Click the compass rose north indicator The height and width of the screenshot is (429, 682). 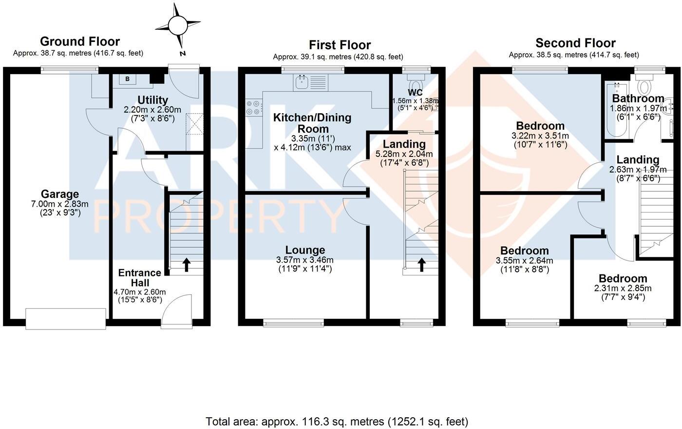pyautogui.click(x=177, y=24)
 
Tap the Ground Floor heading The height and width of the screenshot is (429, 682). pyautogui.click(x=79, y=41)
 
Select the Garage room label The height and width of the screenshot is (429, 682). pyautogui.click(x=60, y=195)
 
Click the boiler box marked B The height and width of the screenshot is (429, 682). pyautogui.click(x=128, y=79)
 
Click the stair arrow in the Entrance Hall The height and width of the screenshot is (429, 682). pyautogui.click(x=186, y=264)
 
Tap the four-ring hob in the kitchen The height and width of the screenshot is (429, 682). pyautogui.click(x=253, y=107)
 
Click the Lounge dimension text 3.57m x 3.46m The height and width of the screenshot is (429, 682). pyautogui.click(x=304, y=260)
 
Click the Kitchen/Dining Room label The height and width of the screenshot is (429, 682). pyautogui.click(x=312, y=123)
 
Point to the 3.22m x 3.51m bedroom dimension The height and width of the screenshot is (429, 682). pyautogui.click(x=540, y=136)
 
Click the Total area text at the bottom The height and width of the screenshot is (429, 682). pyautogui.click(x=337, y=421)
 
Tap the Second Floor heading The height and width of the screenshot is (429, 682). pyautogui.click(x=575, y=43)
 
